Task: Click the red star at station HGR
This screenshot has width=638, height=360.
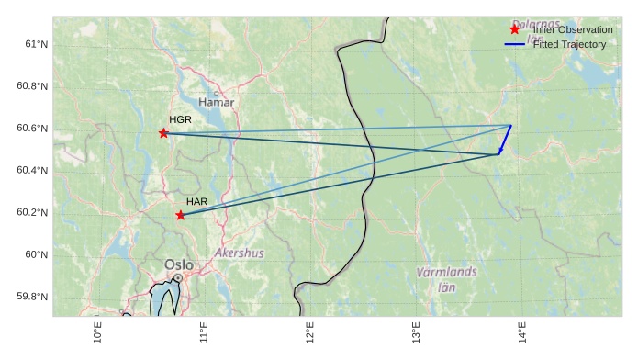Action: (164, 133)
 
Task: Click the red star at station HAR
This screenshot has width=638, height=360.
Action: (180, 215)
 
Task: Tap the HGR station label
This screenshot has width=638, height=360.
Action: (180, 119)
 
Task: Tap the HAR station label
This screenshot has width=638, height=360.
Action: (196, 201)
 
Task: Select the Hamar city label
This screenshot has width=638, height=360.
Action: (217, 102)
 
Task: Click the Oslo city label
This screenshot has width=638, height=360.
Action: (179, 264)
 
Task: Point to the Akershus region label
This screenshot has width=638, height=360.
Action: (239, 253)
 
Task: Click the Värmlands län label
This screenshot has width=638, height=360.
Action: (446, 279)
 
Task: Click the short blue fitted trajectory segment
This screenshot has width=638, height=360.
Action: (505, 140)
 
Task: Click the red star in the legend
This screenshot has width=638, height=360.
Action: (514, 30)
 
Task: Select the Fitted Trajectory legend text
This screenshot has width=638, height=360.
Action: (569, 44)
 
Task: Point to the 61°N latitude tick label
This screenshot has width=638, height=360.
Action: (36, 44)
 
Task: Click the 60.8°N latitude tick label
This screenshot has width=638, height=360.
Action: (32, 86)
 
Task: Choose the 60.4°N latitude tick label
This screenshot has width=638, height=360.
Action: (32, 170)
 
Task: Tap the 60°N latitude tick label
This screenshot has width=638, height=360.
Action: (36, 254)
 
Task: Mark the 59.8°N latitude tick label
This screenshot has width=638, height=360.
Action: (32, 297)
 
